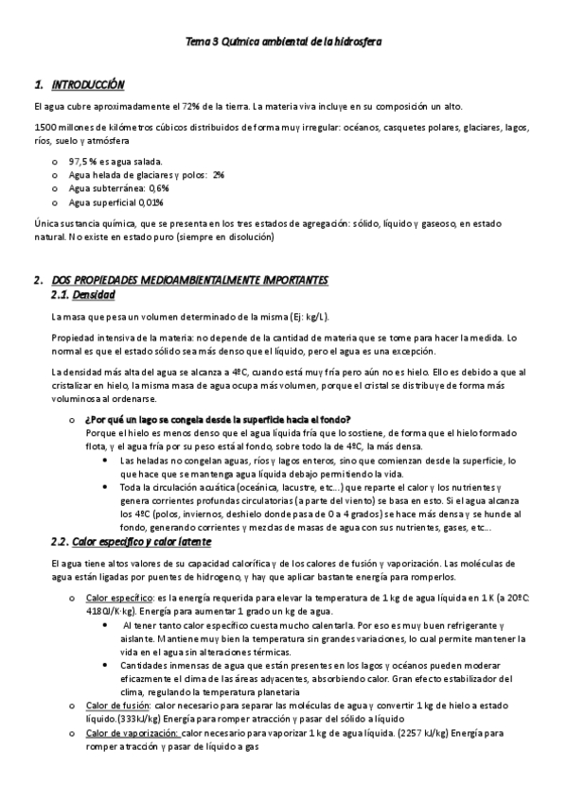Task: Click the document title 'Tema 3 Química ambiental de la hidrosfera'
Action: click(x=283, y=43)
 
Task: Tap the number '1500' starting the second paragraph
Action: click(x=44, y=127)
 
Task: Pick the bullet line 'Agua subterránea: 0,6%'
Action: click(x=118, y=188)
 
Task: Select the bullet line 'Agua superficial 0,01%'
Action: click(x=115, y=201)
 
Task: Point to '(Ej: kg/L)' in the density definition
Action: click(x=308, y=317)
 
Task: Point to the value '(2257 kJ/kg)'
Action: click(x=429, y=733)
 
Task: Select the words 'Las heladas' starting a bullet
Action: click(x=143, y=460)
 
